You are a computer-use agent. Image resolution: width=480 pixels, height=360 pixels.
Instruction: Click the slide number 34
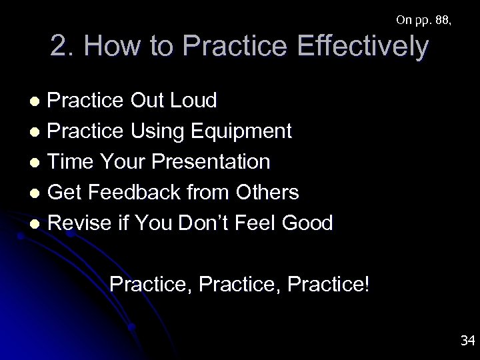(467, 341)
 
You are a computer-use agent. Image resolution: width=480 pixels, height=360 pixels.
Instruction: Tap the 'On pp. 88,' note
(423, 20)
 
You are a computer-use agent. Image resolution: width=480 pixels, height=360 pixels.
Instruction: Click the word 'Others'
(267, 193)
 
